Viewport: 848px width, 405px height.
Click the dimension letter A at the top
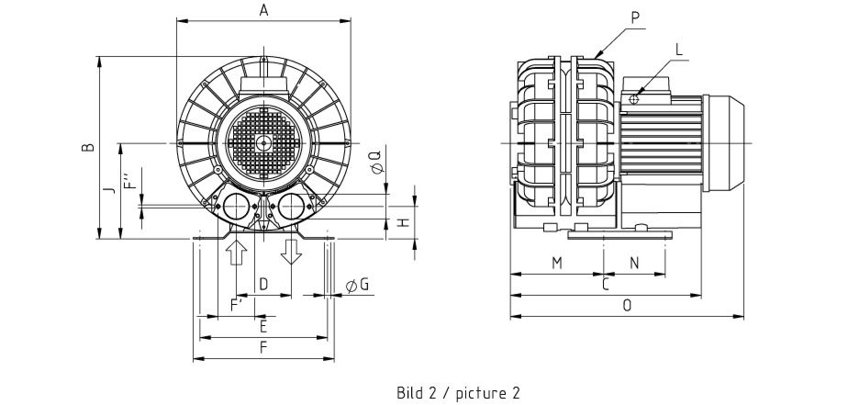[x=263, y=10]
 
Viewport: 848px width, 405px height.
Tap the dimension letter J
[x=108, y=190]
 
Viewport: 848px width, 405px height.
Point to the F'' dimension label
[x=128, y=179]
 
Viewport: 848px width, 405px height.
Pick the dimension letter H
[x=404, y=220]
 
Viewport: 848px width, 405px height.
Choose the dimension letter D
[x=263, y=285]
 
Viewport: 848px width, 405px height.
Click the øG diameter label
[x=358, y=286]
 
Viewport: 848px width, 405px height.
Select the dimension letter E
[x=263, y=326]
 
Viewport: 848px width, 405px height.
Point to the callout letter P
[x=636, y=17]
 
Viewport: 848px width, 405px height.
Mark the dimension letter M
[x=557, y=264]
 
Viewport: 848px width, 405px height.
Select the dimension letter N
[x=634, y=264]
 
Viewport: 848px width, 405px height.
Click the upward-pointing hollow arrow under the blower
[x=236, y=251]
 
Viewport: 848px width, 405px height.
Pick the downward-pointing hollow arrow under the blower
[x=292, y=250]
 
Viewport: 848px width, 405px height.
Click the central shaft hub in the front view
[x=263, y=142]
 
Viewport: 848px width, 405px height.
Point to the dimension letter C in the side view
[x=606, y=286]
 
